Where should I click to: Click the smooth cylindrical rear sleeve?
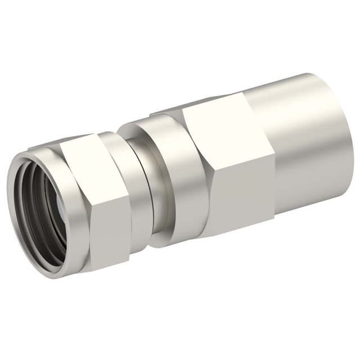coord(304,146)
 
